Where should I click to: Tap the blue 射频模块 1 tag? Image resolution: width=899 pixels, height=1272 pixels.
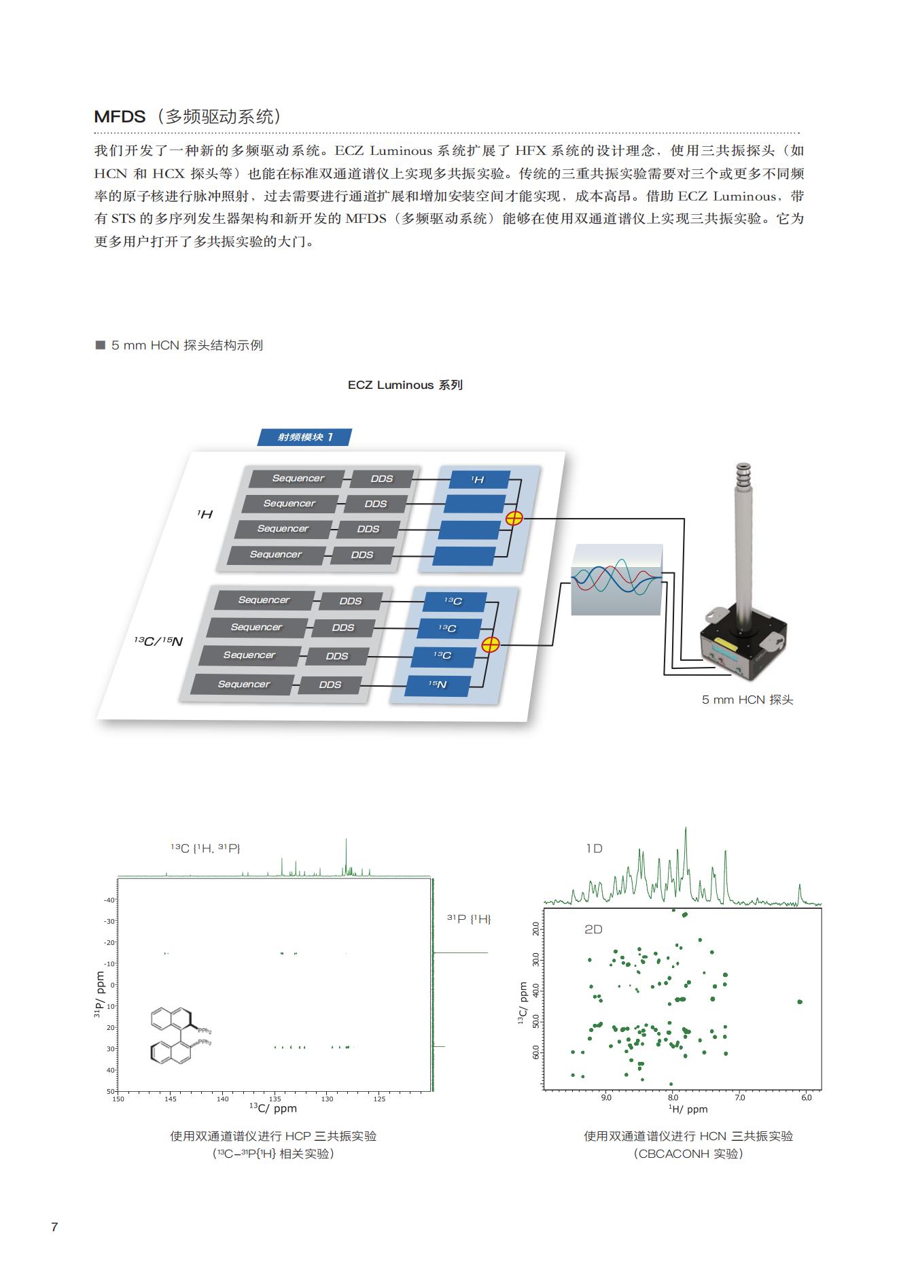coord(304,437)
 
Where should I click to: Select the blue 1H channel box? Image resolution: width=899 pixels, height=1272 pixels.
coord(478,480)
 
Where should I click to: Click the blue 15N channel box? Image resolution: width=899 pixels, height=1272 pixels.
coord(438,685)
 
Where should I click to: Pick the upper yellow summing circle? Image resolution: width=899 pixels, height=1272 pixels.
coord(514,518)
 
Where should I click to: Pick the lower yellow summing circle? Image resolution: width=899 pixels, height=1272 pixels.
coord(490,644)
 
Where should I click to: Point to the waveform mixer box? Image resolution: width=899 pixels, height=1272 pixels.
coord(616,579)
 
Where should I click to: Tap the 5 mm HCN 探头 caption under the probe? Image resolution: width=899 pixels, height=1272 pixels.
coord(747,700)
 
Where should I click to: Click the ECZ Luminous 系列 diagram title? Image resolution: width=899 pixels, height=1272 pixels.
coord(405,385)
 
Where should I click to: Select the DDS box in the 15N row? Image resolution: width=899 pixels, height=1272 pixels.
coord(330,685)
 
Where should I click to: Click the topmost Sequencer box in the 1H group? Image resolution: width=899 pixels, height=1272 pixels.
coord(298,479)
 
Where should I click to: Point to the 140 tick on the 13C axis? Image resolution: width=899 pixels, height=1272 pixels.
coord(223,1099)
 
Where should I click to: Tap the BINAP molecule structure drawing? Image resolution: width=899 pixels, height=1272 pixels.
coord(178,1035)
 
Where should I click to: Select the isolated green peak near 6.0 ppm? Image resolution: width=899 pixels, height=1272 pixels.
coord(800,1001)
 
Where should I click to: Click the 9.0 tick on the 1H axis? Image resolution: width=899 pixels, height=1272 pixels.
coord(606,1097)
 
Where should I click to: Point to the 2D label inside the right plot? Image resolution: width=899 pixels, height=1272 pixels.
coord(593,929)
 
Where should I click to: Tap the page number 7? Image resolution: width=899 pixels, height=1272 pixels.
coord(55,1227)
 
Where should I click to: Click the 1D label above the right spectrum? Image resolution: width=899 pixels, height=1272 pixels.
coord(595,848)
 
